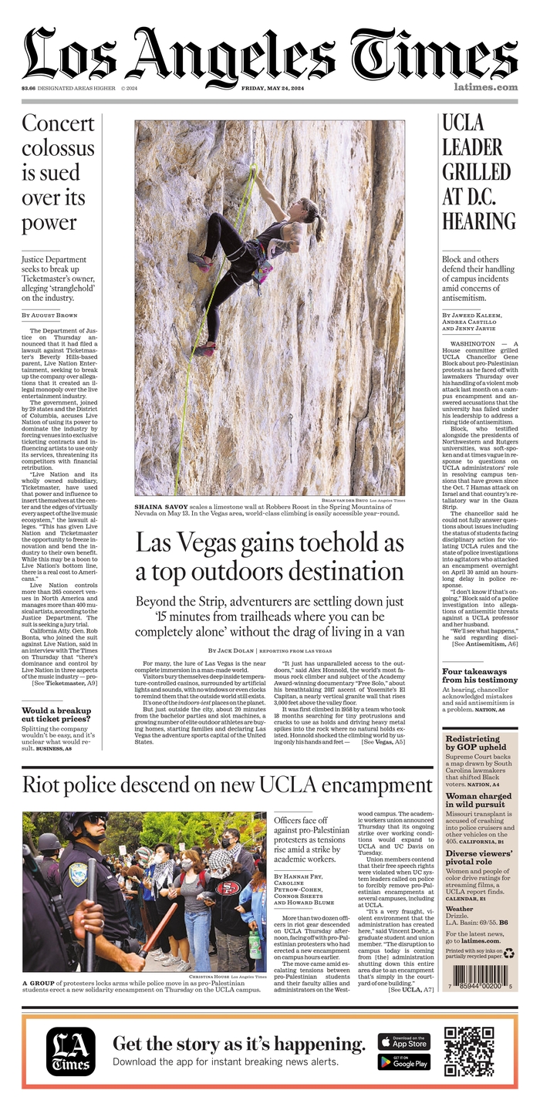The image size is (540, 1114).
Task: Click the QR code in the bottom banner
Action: click(x=469, y=1052)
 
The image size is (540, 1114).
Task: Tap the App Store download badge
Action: click(x=404, y=1041)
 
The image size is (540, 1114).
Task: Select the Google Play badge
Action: click(x=404, y=1062)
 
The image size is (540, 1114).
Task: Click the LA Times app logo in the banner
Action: click(x=71, y=1052)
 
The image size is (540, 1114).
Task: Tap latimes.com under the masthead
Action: click(x=485, y=87)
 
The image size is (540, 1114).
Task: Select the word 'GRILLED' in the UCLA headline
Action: click(x=476, y=171)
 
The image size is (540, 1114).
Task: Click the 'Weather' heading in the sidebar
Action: click(x=460, y=908)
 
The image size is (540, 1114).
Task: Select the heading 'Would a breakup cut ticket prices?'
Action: click(x=56, y=716)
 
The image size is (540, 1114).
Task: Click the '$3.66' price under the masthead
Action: click(x=29, y=88)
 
